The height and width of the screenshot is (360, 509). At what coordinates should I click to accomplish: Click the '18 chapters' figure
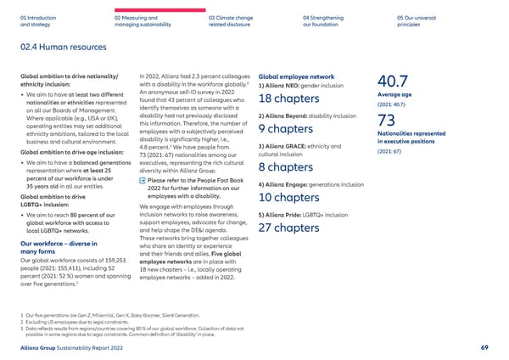pos(288,98)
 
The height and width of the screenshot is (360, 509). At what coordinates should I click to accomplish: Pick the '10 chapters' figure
pos(288,198)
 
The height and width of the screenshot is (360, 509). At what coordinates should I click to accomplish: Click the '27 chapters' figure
pos(288,228)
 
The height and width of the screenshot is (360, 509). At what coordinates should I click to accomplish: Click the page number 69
pos(484,346)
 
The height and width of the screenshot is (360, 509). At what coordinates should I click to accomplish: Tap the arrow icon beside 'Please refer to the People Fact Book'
pos(142,181)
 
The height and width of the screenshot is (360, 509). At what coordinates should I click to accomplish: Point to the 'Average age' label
pos(394,96)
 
